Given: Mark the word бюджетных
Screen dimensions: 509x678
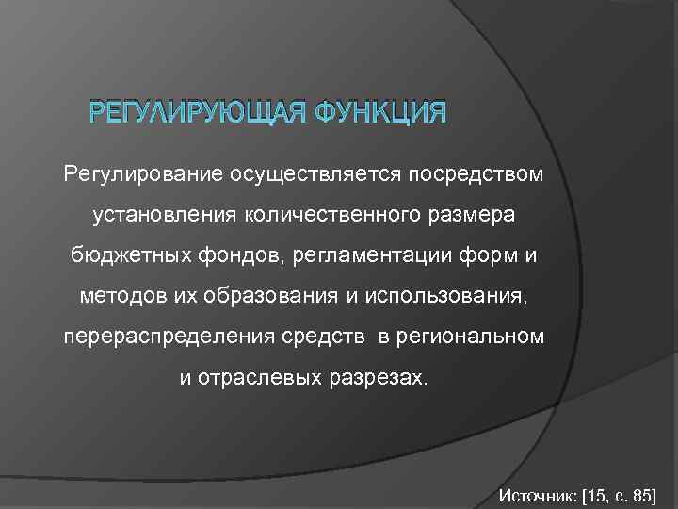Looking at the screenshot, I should click(116, 256).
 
